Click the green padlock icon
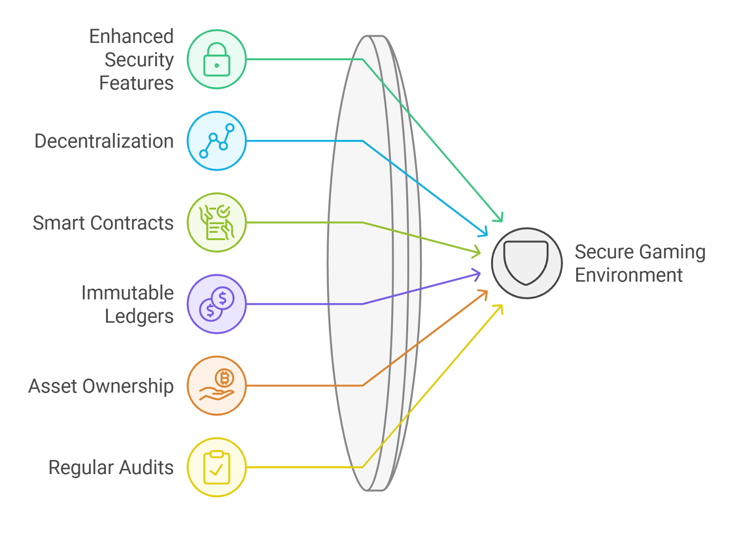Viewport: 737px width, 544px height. [x=216, y=59]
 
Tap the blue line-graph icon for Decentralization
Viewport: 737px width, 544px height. [x=216, y=141]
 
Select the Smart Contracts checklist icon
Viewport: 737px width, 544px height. [x=216, y=223]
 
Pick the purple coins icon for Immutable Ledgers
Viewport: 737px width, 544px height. [x=216, y=304]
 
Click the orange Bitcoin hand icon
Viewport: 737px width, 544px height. [x=216, y=386]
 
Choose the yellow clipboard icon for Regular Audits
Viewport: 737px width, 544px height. [x=216, y=467]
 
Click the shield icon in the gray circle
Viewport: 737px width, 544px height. [x=526, y=263]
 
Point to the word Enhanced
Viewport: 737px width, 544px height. [x=131, y=36]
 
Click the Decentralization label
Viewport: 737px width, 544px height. [x=104, y=141]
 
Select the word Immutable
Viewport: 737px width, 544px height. [x=128, y=293]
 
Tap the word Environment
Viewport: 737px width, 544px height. [x=628, y=275]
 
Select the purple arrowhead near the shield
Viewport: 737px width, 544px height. [x=478, y=275]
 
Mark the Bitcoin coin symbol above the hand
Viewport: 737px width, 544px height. [x=224, y=378]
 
